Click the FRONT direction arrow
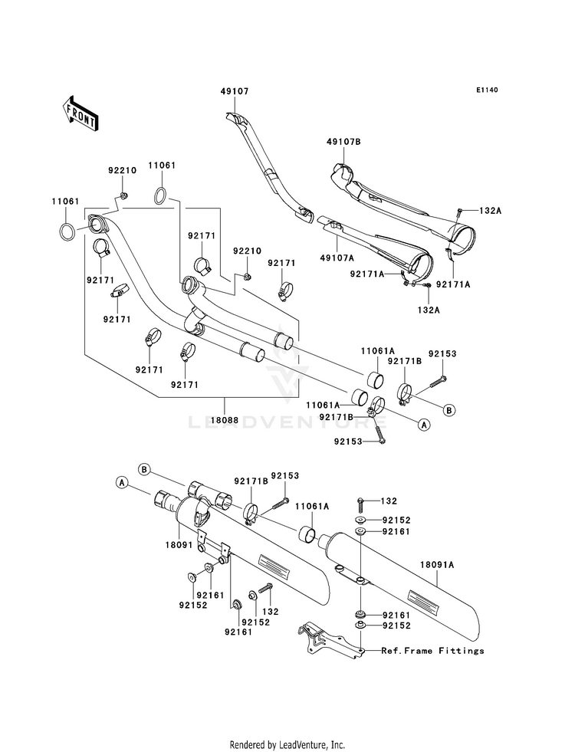[80, 113]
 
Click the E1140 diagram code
[487, 90]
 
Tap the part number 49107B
[343, 142]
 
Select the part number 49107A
[337, 258]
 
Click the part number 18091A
[437, 565]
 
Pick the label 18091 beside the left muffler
[179, 545]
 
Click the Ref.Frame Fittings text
[432, 651]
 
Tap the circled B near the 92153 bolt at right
[449, 410]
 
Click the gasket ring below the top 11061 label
[161, 195]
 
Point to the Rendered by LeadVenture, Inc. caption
[287, 745]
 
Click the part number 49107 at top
[235, 91]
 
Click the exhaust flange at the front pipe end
[98, 225]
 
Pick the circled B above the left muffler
[144, 469]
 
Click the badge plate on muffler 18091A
[424, 602]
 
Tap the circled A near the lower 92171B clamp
[423, 424]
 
